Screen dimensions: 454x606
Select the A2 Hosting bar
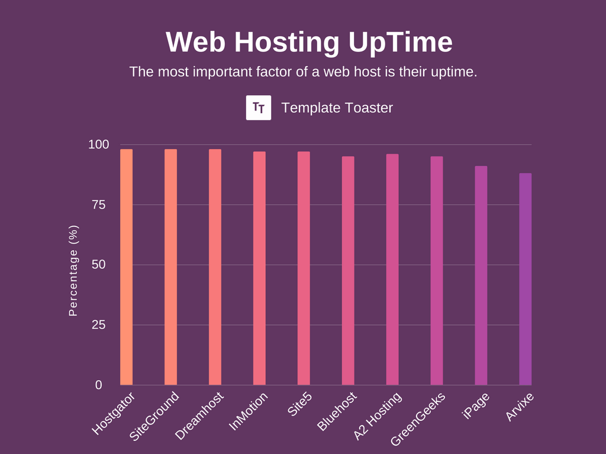[x=392, y=270]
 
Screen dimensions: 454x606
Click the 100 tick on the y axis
[x=99, y=145]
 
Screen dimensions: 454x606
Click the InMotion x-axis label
[x=249, y=412]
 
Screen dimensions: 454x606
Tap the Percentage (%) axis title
[x=73, y=270]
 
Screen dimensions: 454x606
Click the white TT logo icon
[x=259, y=108]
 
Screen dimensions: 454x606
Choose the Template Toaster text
[x=337, y=108]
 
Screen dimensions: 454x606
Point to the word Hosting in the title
[x=286, y=43]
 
